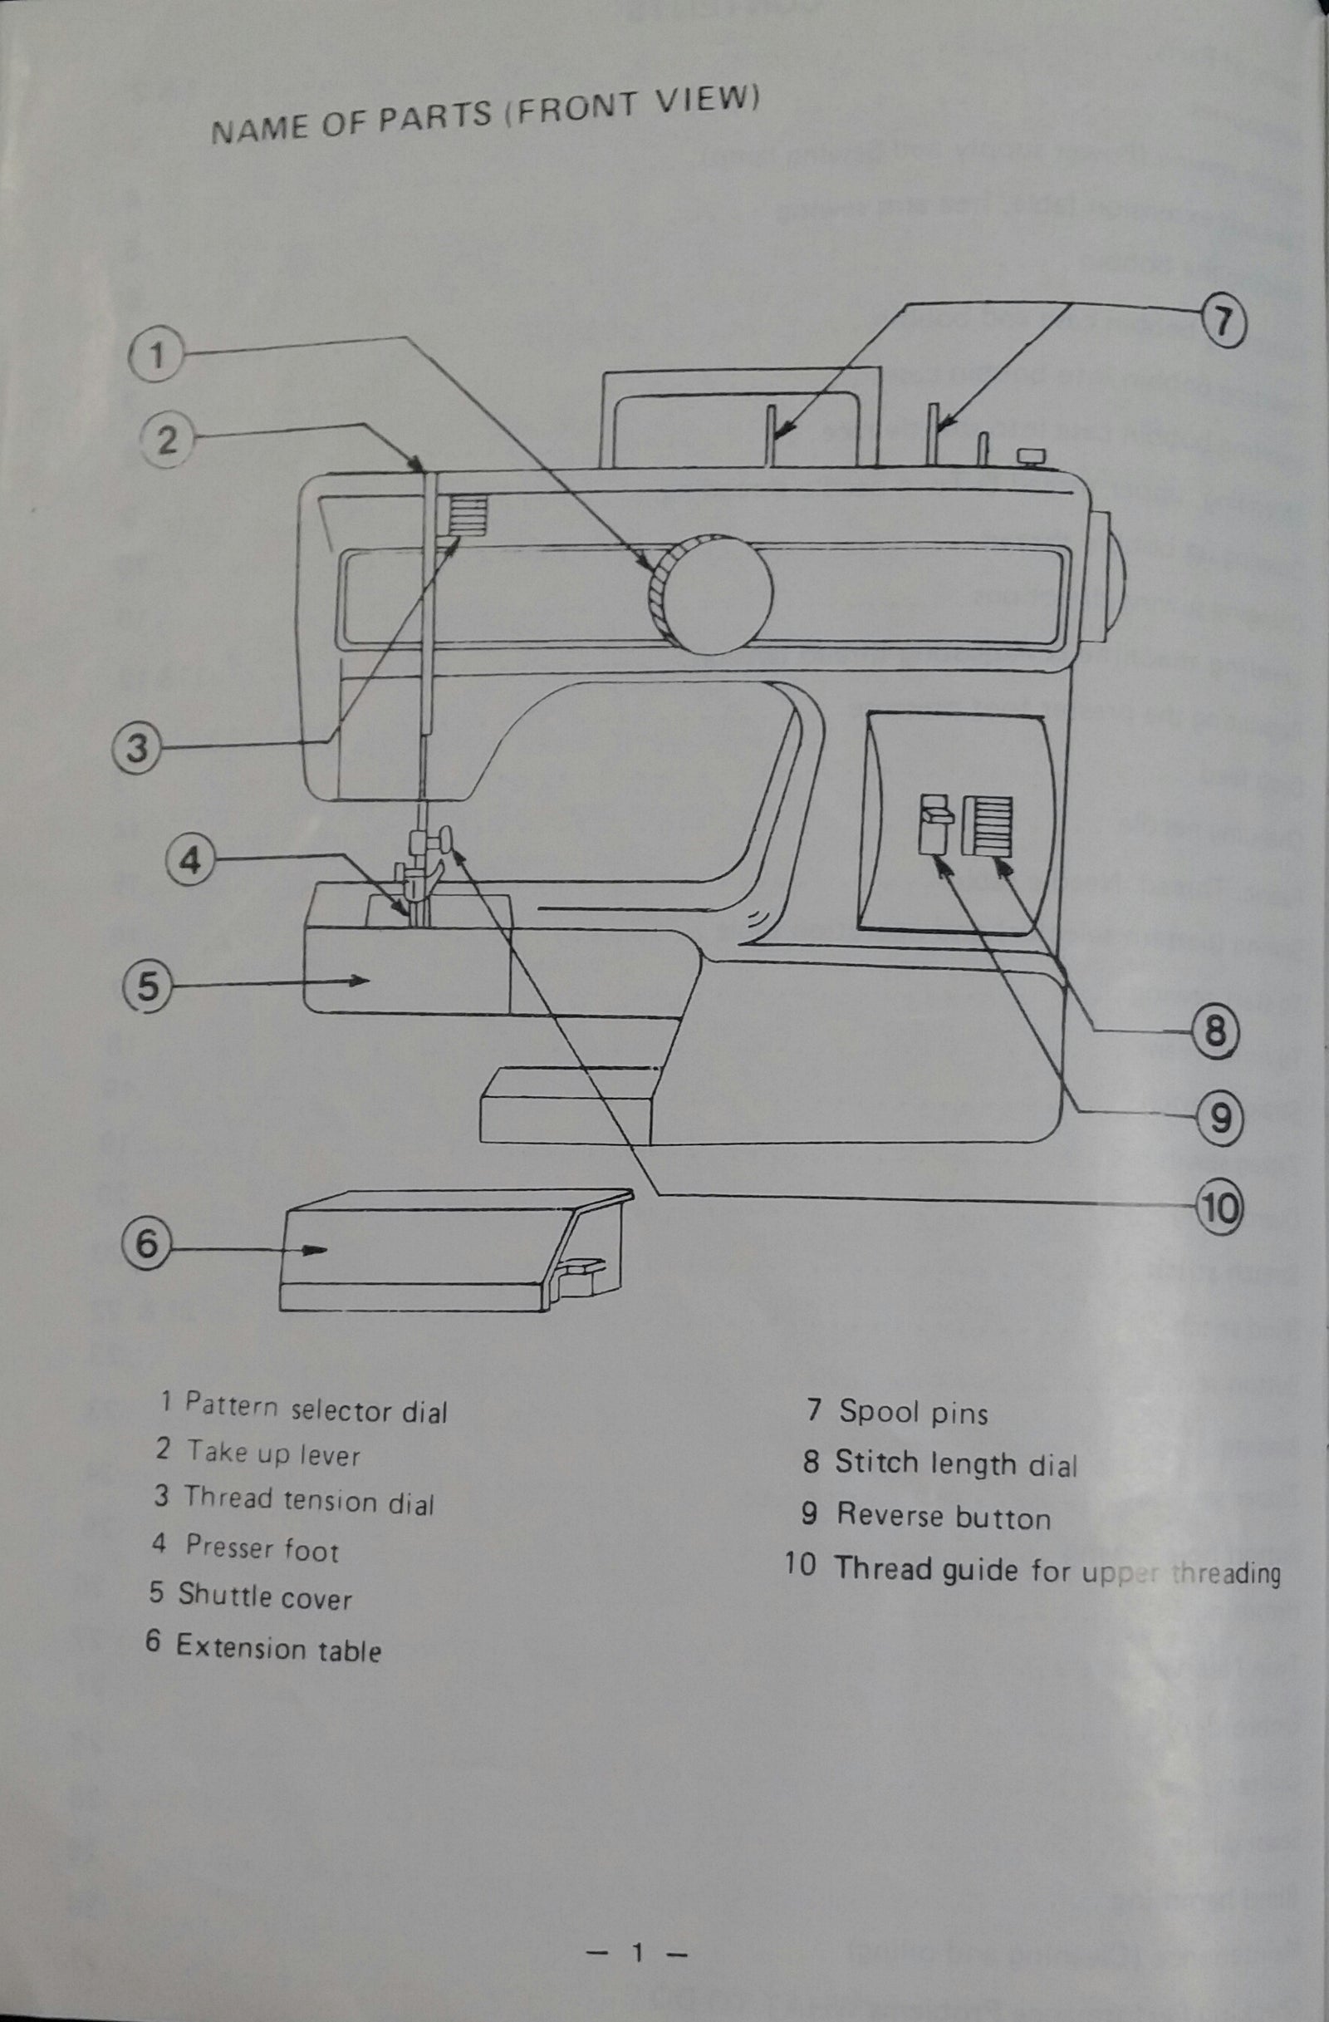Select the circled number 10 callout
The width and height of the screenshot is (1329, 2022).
(x=1219, y=1208)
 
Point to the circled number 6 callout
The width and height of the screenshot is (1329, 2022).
(x=148, y=1245)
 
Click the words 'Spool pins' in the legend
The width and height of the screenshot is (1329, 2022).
(x=914, y=1412)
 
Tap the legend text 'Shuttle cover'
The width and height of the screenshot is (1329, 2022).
(x=264, y=1596)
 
